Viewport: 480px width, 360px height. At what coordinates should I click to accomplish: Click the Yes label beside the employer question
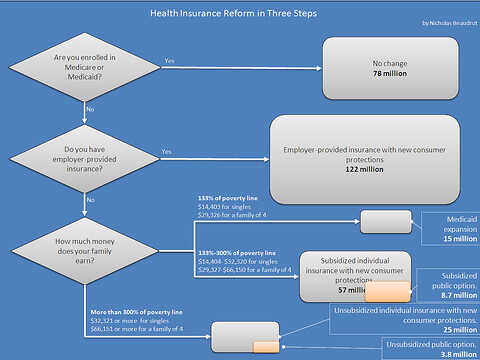click(166, 152)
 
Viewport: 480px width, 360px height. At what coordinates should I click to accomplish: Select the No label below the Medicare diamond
click(90, 108)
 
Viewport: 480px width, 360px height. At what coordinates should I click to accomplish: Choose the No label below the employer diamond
click(90, 199)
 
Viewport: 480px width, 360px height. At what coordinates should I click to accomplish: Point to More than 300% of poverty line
click(135, 314)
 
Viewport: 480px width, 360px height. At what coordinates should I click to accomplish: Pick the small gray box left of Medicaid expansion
click(385, 222)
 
